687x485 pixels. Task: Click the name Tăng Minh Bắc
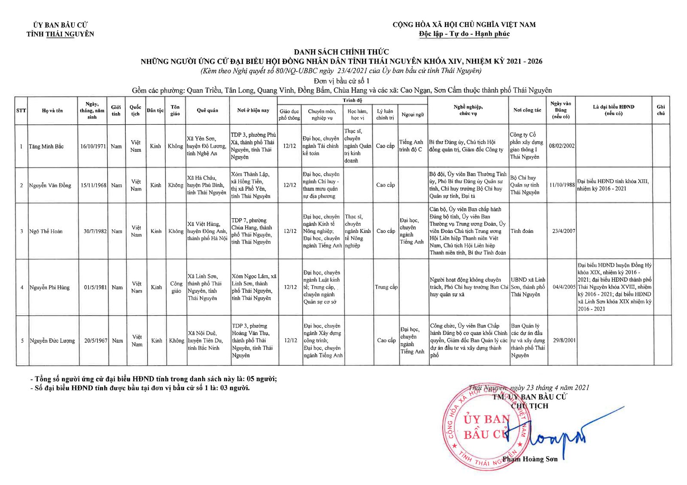(46, 147)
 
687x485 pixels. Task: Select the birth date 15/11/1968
(93, 185)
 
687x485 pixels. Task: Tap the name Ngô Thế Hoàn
(46, 232)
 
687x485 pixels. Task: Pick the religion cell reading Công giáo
(176, 287)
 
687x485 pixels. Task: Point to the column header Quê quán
(207, 110)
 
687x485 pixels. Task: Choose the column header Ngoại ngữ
(413, 114)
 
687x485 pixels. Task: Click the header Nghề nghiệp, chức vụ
(468, 110)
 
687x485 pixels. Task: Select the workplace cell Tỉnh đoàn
(522, 232)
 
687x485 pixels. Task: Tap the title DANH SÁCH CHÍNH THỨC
(341, 52)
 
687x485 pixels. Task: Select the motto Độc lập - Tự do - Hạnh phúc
(464, 34)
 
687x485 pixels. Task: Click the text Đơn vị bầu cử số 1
(341, 81)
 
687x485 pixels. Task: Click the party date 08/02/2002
(562, 146)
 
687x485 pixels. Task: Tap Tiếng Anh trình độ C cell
(411, 146)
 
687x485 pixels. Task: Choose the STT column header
(21, 110)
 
